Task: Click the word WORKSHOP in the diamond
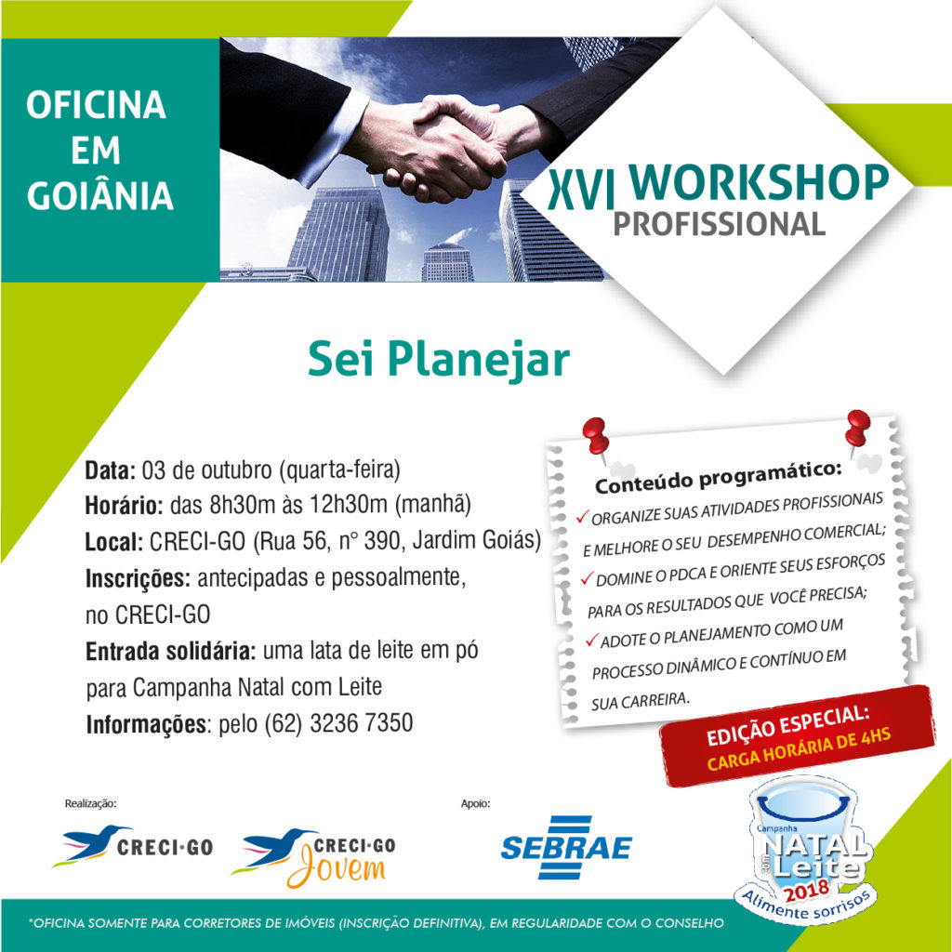[x=759, y=182]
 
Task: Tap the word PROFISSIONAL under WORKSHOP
[x=719, y=224]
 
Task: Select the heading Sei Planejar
[x=439, y=360]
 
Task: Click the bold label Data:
[x=110, y=470]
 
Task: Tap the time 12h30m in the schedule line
[x=349, y=504]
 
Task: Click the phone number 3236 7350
[x=362, y=723]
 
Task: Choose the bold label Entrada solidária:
[x=171, y=651]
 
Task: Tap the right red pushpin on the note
[x=857, y=430]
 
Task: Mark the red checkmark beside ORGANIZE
[x=583, y=517]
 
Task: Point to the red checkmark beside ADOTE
[x=592, y=640]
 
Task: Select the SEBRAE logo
[x=566, y=847]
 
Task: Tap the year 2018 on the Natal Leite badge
[x=806, y=892]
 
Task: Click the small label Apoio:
[x=475, y=803]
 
